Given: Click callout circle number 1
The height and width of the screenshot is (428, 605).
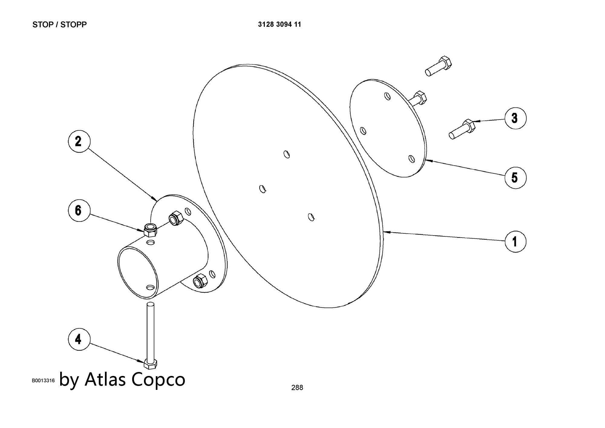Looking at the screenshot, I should [515, 241].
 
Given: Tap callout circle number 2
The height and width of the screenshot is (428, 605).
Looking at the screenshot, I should [78, 141].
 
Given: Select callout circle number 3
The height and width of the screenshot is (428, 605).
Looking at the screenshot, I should [515, 118].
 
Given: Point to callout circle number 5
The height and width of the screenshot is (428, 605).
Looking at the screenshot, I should [515, 177].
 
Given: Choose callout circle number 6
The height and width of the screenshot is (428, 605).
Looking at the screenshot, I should [78, 210].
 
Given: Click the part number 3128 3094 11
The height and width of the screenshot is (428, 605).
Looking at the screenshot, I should [280, 25].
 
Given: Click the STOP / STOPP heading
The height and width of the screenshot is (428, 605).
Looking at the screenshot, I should [60, 25].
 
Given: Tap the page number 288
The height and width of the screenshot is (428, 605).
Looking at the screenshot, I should [297, 387].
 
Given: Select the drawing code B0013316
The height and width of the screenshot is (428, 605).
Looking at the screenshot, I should [43, 380].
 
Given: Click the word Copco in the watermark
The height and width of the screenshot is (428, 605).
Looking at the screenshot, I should [159, 379].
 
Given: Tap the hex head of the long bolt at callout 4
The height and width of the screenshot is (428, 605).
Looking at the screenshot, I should [150, 364].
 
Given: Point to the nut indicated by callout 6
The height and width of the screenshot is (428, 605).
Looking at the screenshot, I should [150, 230].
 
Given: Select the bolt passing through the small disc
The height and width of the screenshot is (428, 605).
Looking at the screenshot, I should [419, 98].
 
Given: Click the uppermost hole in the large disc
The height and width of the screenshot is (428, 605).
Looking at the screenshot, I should [286, 154].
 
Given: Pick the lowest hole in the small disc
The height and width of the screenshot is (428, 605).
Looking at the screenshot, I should [411, 159].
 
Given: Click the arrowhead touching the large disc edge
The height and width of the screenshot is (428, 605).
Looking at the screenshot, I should [386, 232].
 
